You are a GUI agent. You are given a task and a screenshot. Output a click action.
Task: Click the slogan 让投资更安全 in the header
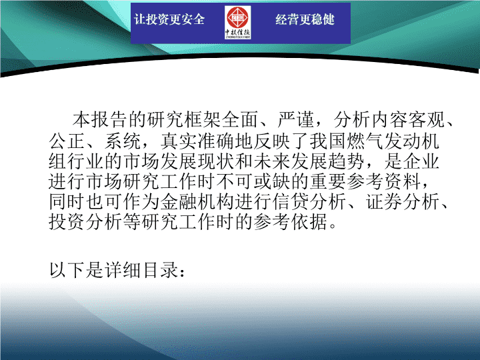[x=169, y=19]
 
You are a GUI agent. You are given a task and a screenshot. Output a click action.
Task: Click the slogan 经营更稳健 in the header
[x=305, y=19]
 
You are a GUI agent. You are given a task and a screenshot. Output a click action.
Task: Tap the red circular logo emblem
[x=237, y=18]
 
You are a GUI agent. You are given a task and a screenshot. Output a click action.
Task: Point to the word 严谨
[x=296, y=120]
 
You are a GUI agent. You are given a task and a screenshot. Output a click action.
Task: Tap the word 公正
[x=67, y=141]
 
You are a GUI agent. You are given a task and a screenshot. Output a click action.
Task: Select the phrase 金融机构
[x=198, y=202]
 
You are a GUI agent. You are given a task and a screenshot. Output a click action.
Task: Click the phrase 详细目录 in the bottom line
[x=142, y=270]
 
